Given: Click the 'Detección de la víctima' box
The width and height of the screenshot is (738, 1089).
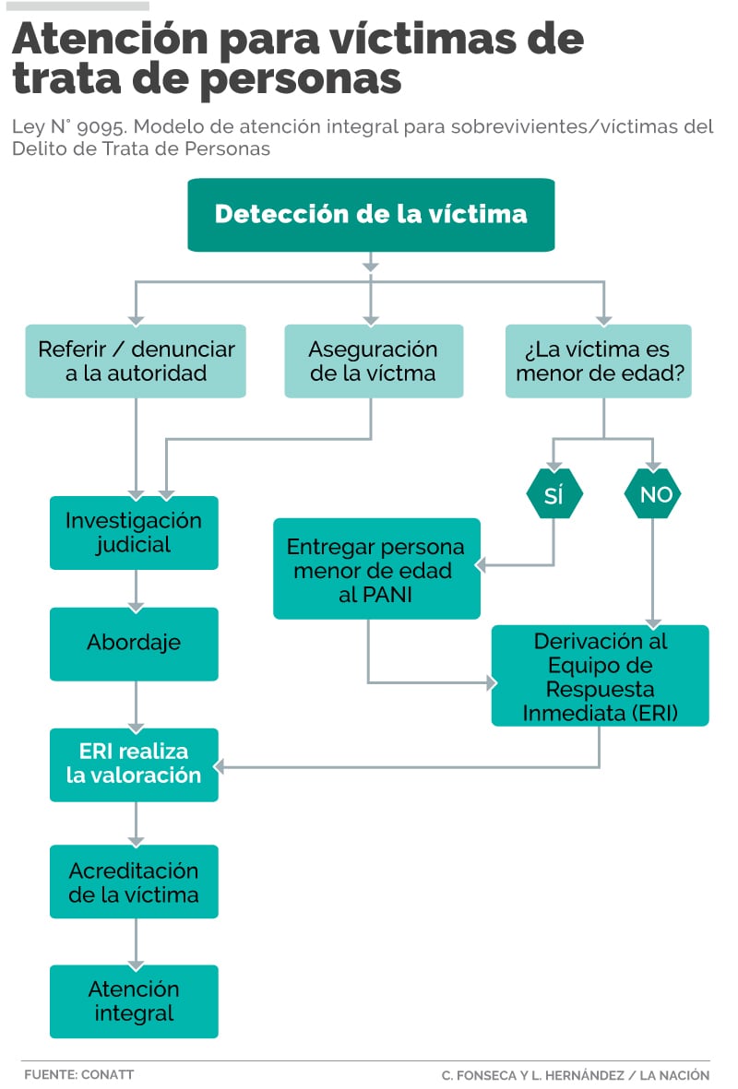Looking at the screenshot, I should [371, 215].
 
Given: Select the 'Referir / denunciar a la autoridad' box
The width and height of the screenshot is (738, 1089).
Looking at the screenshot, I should [136, 361].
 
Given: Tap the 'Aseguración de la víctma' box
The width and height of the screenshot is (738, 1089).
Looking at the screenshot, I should [372, 361].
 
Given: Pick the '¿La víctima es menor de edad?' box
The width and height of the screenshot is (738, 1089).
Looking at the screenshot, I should [598, 361].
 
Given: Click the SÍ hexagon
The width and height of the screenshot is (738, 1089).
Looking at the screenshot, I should [553, 495].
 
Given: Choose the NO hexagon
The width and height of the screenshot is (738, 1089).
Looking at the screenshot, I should [655, 495].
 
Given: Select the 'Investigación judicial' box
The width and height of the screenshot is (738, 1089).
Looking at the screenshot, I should [134, 532].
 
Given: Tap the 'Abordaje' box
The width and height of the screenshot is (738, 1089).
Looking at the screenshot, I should [134, 643].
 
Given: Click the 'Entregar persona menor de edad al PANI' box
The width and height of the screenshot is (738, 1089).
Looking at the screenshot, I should [376, 569].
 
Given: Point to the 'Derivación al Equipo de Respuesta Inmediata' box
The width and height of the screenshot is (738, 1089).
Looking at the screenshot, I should [600, 676].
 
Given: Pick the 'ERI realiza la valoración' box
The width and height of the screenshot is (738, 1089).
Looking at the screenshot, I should [134, 763].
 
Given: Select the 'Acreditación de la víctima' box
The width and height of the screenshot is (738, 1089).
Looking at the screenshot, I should [134, 882].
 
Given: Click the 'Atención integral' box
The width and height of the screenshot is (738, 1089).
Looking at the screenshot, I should [134, 1000].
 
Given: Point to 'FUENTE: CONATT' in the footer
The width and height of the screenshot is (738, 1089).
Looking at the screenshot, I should [78, 1074].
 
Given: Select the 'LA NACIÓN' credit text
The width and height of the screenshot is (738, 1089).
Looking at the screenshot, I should [675, 1075].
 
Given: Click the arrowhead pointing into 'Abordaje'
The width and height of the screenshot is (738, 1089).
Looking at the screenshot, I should [136, 604].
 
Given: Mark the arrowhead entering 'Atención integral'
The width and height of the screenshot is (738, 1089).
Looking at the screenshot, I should [136, 961].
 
